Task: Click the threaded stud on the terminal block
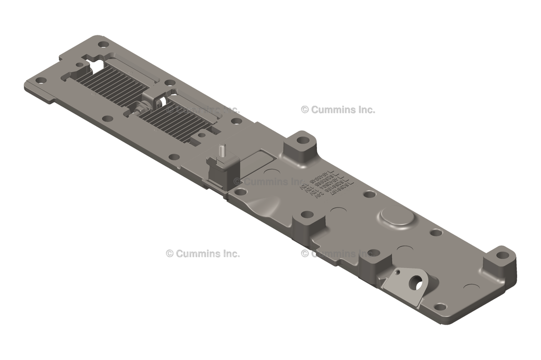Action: click(223, 150)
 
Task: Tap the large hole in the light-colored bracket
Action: click(414, 283)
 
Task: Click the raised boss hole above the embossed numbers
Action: click(302, 140)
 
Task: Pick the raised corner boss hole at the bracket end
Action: click(502, 255)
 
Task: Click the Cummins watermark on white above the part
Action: click(338, 110)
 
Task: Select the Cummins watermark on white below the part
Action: click(203, 253)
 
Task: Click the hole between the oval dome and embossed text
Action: click(369, 194)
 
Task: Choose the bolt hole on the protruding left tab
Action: click(41, 80)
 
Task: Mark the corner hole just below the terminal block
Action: click(240, 192)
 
